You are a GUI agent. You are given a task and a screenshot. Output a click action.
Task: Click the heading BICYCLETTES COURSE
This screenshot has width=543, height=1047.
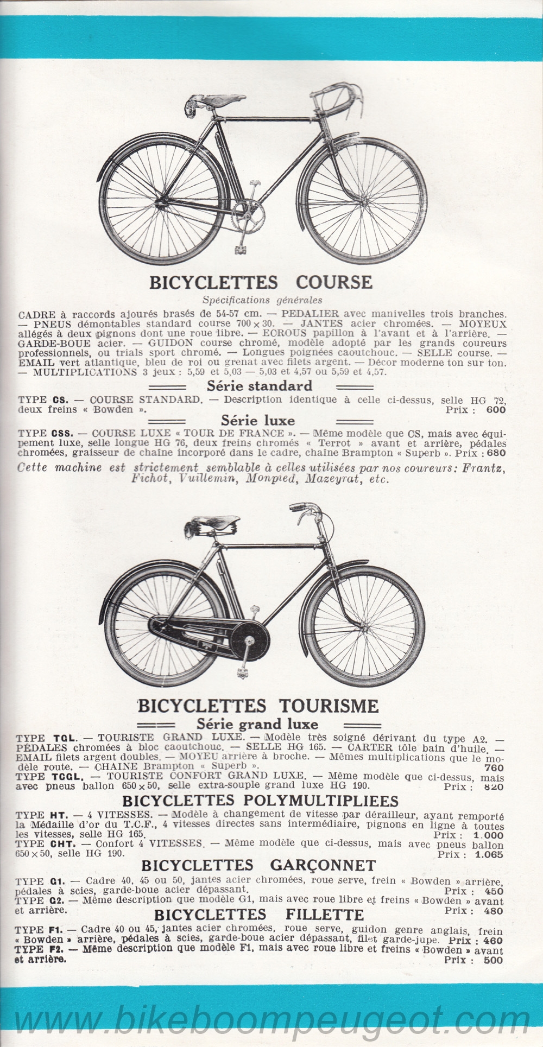261,282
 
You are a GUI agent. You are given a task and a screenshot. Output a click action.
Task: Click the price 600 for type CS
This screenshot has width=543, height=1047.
495,410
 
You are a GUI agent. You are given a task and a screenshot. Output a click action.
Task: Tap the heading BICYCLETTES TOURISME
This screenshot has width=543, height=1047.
258,706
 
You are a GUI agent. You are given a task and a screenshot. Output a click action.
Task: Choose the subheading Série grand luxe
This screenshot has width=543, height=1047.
257,724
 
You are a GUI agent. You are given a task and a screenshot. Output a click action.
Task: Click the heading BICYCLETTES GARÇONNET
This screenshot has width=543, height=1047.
257,865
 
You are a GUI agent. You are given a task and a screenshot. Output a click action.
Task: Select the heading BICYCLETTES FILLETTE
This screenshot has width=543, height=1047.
258,914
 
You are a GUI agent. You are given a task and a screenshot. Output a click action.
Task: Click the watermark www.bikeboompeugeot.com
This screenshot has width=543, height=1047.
271,1019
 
